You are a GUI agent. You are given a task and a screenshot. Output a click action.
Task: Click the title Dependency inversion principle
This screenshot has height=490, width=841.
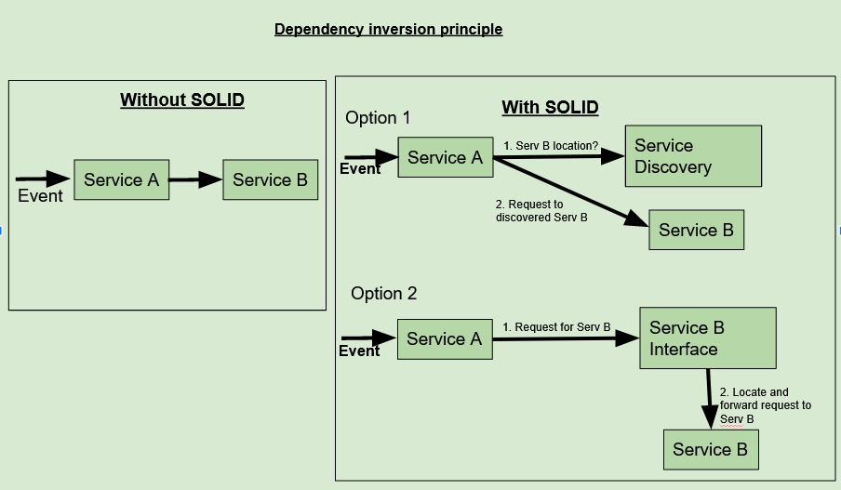pyautogui.click(x=388, y=30)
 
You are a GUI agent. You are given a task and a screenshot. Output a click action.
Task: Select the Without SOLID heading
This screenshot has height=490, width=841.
pyautogui.click(x=182, y=100)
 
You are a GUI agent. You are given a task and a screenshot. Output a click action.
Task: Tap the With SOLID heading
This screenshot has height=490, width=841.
pyautogui.click(x=550, y=108)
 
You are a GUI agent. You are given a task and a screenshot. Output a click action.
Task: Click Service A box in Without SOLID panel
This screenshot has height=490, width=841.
pyautogui.click(x=121, y=179)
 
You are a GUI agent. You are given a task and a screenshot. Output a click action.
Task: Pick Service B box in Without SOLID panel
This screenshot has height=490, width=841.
pyautogui.click(x=270, y=179)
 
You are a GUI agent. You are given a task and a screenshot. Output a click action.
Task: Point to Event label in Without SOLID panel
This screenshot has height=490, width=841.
pyautogui.click(x=40, y=196)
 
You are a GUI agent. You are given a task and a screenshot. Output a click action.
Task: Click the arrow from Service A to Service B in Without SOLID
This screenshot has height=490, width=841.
pyautogui.click(x=195, y=180)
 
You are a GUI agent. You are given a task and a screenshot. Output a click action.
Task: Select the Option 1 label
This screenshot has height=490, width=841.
pyautogui.click(x=378, y=118)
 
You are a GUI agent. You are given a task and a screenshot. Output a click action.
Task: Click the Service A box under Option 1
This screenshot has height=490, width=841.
pyautogui.click(x=445, y=158)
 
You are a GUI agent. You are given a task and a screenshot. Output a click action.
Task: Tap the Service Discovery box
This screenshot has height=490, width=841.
pyautogui.click(x=693, y=156)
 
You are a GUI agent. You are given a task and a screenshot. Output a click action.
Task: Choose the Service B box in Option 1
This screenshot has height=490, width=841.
pyautogui.click(x=696, y=230)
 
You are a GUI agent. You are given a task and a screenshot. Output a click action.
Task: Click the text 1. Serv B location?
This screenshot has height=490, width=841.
pyautogui.click(x=550, y=146)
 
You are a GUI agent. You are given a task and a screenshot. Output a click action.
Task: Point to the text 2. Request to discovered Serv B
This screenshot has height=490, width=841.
pyautogui.click(x=541, y=211)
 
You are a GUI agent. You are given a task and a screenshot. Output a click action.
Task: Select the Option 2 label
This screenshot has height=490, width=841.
pyautogui.click(x=383, y=294)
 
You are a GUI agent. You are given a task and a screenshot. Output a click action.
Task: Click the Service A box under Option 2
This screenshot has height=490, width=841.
pyautogui.click(x=444, y=339)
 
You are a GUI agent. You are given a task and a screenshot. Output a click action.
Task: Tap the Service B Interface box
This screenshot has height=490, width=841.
pyautogui.click(x=707, y=338)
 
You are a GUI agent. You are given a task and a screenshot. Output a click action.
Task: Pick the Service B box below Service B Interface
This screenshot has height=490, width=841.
pyautogui.click(x=710, y=450)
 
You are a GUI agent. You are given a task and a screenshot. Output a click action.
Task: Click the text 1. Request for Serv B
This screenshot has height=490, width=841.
pyautogui.click(x=556, y=327)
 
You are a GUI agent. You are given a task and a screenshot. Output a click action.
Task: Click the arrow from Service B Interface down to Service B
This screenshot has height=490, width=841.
pyautogui.click(x=709, y=398)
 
